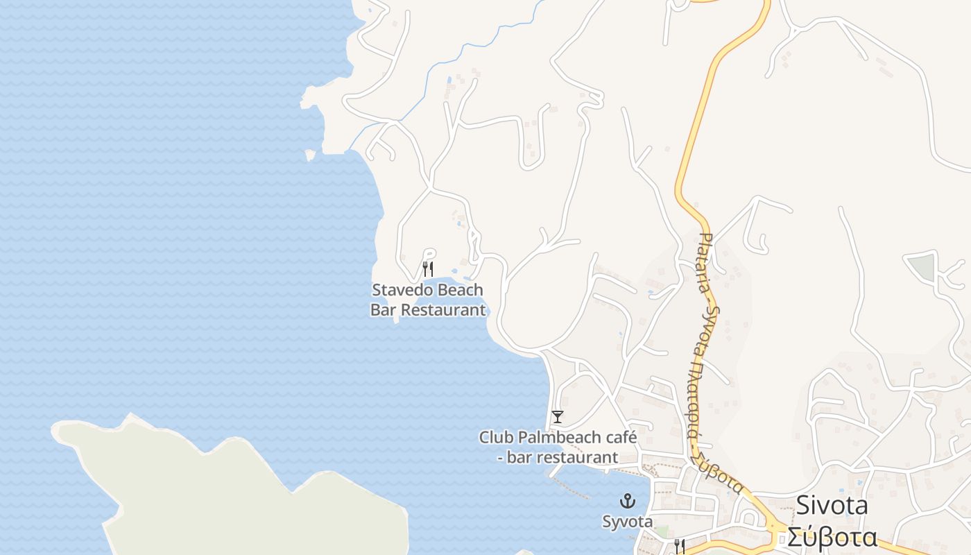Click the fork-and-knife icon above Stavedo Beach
[428, 268]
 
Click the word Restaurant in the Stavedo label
[444, 310]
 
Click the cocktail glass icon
[557, 417]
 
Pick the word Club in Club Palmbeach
[495, 438]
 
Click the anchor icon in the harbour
[628, 501]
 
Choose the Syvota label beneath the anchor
[628, 522]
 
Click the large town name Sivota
[832, 506]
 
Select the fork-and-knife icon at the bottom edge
[680, 547]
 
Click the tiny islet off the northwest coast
[309, 155]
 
